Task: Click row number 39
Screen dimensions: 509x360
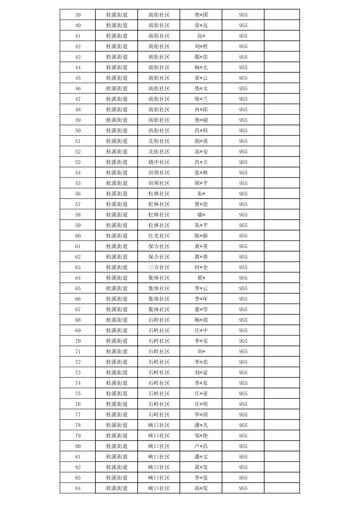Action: point(78,15)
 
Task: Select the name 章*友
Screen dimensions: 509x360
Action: point(201,25)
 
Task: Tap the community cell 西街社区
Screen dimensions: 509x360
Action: point(159,131)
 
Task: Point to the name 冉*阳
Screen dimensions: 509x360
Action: point(201,110)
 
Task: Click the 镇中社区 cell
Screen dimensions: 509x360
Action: point(159,162)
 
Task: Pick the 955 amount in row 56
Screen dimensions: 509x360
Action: point(243,194)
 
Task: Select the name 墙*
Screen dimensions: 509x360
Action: point(201,215)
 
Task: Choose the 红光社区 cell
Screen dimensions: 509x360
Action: point(159,236)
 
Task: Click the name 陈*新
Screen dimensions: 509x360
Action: point(201,236)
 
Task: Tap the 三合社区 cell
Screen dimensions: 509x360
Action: point(159,267)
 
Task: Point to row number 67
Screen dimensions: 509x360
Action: point(78,309)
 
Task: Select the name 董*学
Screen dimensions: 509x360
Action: point(201,309)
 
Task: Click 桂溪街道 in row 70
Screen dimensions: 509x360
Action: point(117,341)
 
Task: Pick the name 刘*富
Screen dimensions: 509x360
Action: point(201,372)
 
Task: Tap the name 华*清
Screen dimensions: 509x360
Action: point(201,415)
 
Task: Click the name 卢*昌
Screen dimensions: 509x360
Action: point(201,446)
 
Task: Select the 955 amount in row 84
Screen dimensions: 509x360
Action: point(243,488)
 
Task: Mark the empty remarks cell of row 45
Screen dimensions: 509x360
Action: point(282,78)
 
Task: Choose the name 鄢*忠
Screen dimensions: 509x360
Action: point(201,57)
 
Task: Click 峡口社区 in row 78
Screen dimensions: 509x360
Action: point(159,425)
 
